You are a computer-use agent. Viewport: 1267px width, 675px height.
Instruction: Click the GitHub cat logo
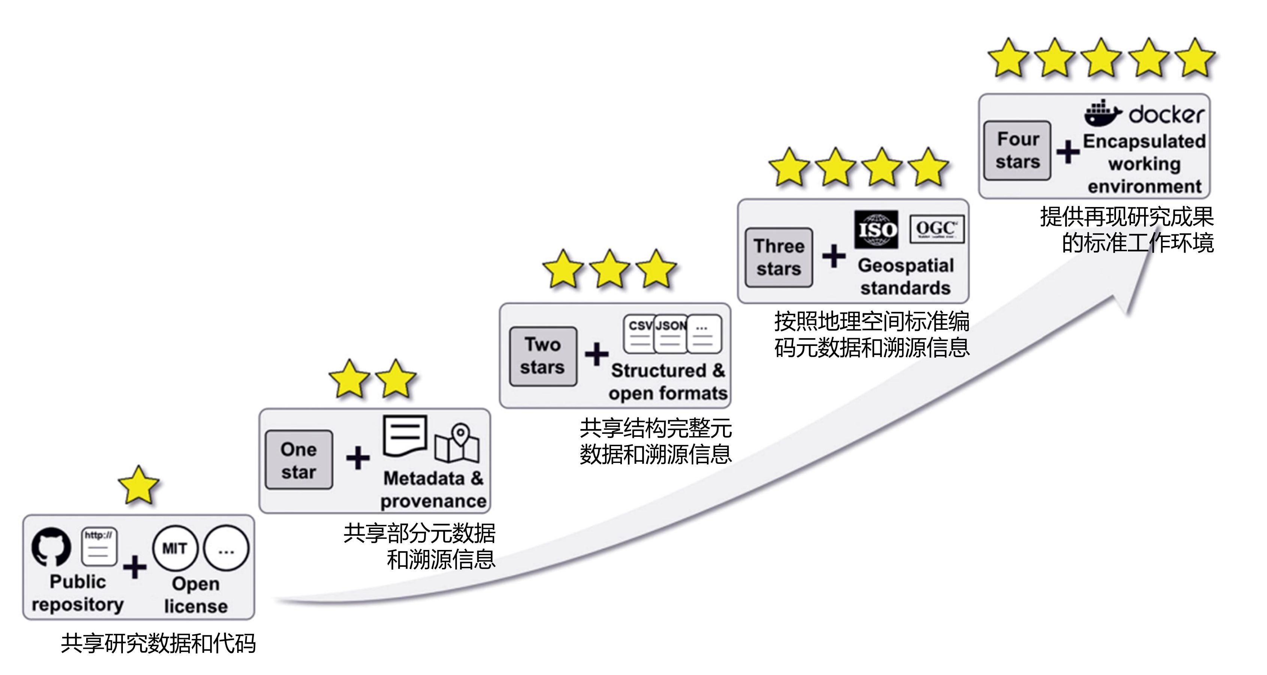[51, 547]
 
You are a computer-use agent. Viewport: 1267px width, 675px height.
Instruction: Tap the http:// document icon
[99, 547]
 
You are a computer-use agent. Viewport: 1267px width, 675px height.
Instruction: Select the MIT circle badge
[175, 548]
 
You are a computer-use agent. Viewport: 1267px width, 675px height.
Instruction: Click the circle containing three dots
[226, 548]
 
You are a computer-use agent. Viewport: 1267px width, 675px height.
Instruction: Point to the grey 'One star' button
[299, 460]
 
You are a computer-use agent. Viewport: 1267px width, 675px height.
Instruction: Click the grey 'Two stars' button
[542, 356]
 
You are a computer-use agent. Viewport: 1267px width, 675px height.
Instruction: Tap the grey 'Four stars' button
[1017, 150]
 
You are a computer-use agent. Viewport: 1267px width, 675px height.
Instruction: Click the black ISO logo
[876, 229]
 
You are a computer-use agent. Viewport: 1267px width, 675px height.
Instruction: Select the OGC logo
[937, 229]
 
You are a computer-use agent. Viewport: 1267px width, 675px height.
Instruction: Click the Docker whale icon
[1102, 113]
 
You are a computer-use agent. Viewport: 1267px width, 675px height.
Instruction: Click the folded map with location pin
[457, 443]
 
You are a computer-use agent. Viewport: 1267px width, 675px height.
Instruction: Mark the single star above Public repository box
[139, 486]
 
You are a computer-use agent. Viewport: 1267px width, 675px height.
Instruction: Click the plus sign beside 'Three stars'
[834, 256]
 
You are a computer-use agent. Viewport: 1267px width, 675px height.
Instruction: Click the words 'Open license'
[196, 595]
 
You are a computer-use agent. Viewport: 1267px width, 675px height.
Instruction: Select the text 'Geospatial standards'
[905, 276]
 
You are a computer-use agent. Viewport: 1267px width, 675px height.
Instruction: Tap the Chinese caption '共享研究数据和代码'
[158, 644]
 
